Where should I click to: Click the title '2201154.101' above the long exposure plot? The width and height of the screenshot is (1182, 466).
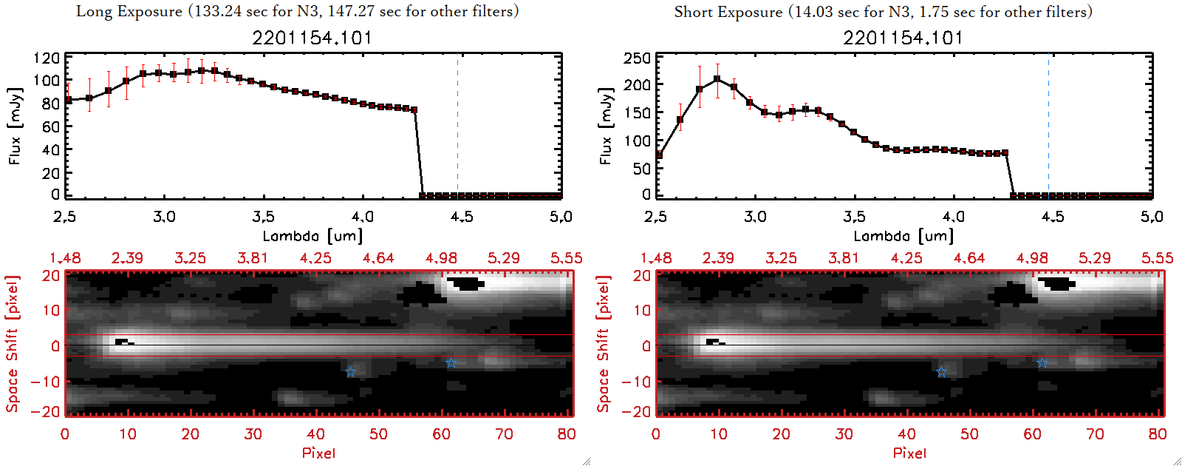(x=312, y=38)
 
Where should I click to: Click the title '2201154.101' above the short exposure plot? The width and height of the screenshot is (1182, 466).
(x=903, y=38)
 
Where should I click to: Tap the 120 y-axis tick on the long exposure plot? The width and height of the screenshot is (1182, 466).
(x=47, y=58)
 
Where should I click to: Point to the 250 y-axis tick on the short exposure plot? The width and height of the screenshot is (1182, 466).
(x=638, y=58)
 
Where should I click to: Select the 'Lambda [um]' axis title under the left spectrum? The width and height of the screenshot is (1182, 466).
(x=312, y=236)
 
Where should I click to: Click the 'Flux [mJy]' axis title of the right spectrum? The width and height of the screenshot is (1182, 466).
(x=606, y=126)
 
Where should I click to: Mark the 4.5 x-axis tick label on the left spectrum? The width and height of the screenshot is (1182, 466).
(x=462, y=217)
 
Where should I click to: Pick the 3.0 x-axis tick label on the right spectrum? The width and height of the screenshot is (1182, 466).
(x=755, y=217)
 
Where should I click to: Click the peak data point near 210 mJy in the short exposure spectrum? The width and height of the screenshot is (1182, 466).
(x=717, y=78)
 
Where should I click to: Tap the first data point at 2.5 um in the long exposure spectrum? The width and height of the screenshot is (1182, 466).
(x=68, y=100)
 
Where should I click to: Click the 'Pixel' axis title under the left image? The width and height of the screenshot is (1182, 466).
(x=318, y=453)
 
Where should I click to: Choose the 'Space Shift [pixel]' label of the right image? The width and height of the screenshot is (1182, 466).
(x=604, y=344)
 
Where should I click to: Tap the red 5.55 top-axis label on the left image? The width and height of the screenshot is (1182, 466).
(x=566, y=258)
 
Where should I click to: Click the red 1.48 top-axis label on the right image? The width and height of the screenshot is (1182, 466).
(x=656, y=258)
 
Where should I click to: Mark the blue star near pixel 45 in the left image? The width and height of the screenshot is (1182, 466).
(x=350, y=372)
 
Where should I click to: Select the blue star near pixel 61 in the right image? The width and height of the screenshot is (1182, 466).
(x=1042, y=362)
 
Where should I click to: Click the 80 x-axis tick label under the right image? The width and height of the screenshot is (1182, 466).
(x=1157, y=434)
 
